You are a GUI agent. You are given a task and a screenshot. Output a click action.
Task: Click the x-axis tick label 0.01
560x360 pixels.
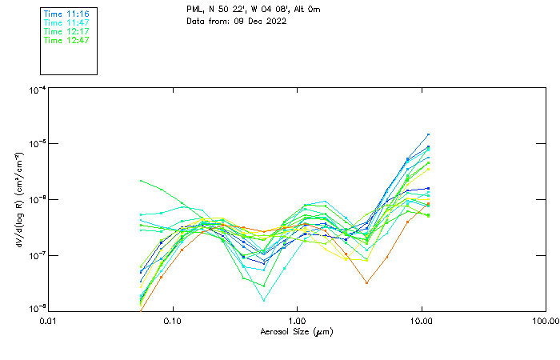click(x=49, y=321)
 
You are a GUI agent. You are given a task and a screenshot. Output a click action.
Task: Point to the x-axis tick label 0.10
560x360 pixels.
click(x=173, y=321)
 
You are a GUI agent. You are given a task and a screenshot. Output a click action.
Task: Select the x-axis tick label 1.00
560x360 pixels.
click(x=297, y=321)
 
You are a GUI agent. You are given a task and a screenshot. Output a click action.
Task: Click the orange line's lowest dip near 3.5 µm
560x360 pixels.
click(x=366, y=282)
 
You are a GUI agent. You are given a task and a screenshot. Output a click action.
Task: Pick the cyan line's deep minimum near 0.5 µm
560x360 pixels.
click(x=264, y=300)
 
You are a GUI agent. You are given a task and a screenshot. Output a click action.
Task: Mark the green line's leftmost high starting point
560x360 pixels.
click(x=141, y=181)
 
